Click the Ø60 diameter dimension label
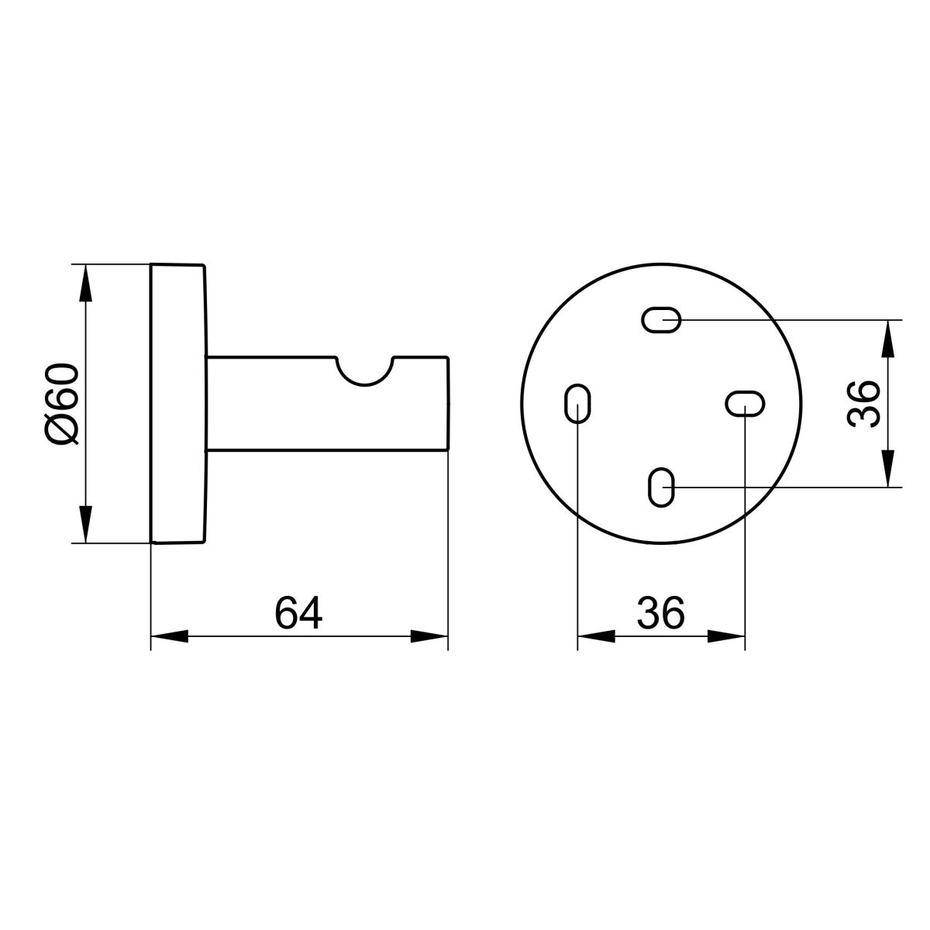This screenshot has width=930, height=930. [60, 404]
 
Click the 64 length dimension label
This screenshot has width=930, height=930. [298, 613]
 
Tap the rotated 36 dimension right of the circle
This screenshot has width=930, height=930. [863, 404]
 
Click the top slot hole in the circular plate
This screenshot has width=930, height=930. [661, 319]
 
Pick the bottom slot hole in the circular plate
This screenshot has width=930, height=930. [661, 487]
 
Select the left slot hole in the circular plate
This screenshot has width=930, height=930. [577, 404]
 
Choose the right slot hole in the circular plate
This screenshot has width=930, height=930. [745, 404]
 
